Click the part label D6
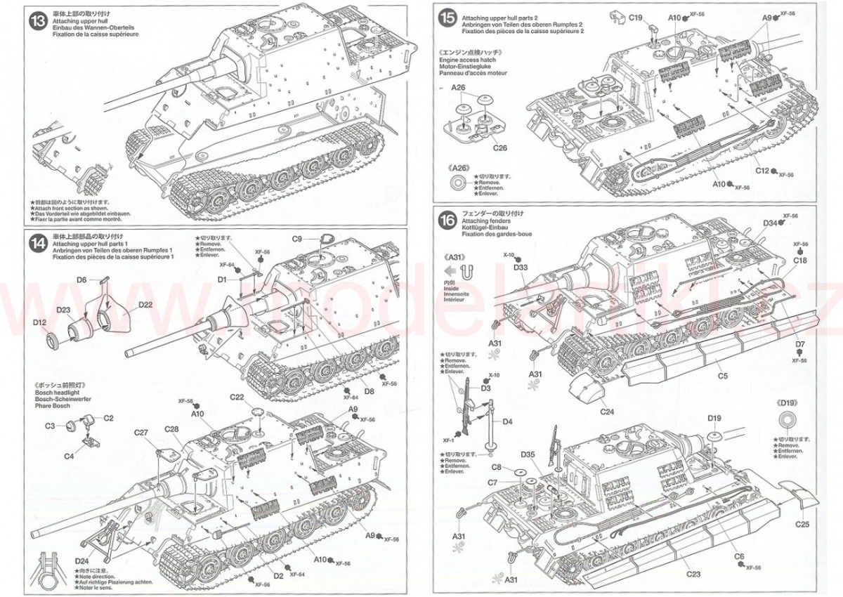pos(81,280)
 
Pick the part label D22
pos(145,304)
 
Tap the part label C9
pos(297,240)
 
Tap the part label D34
pos(771,223)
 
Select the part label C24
pos(609,412)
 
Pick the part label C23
pos(693,575)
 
